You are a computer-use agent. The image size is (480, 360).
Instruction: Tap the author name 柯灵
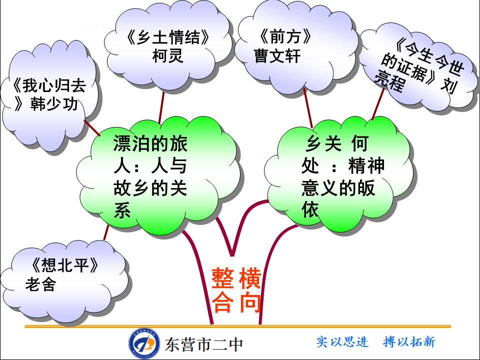coord(167,55)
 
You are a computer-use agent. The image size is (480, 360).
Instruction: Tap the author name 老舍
coord(40,285)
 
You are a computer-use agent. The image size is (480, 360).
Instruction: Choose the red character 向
coord(250,302)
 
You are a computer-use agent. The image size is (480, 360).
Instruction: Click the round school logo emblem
coord(144,343)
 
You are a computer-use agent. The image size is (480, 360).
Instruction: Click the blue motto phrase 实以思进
coord(342,342)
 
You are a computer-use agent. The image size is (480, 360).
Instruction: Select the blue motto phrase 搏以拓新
coord(409,342)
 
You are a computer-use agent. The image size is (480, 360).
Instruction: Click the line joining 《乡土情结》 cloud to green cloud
coord(161,107)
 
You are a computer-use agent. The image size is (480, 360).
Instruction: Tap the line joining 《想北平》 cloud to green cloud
coord(106,232)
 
